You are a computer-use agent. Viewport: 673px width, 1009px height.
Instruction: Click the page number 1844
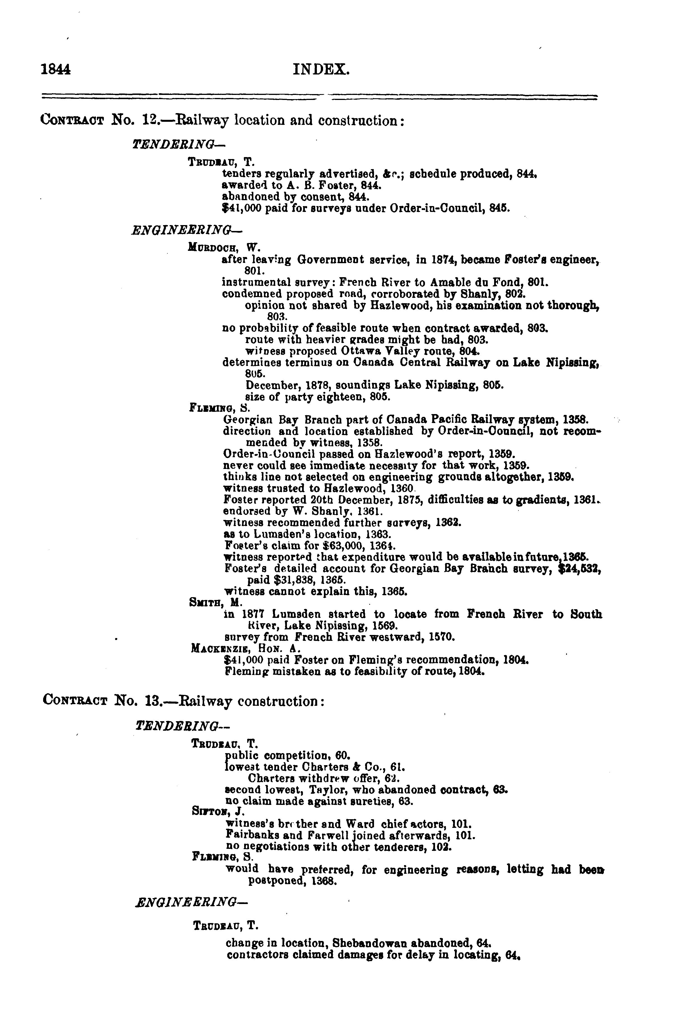point(55,69)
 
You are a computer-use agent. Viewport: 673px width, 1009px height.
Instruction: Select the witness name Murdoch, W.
point(224,248)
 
